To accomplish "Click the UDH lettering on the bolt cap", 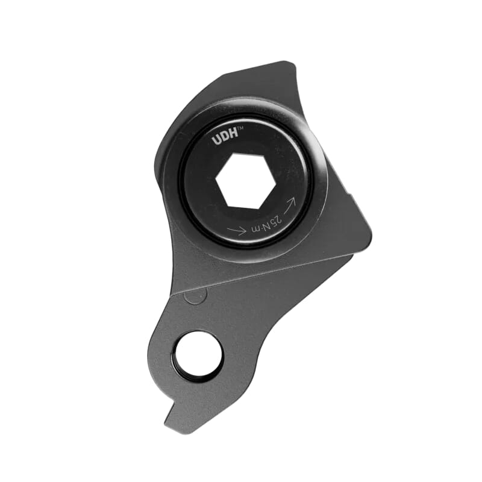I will point(225,139).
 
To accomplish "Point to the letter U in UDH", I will point(216,142).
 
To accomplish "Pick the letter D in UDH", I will point(224,139).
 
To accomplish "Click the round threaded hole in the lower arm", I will point(197,355).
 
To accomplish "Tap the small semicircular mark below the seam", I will point(195,296).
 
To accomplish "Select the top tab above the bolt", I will point(265,78).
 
